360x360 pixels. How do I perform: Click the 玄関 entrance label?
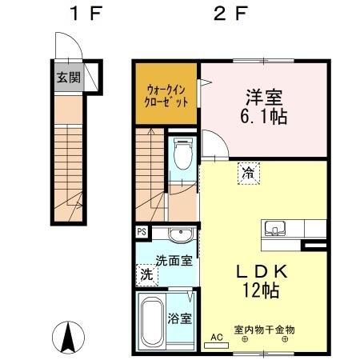tap(68, 78)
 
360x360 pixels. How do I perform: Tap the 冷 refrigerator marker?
tap(248, 170)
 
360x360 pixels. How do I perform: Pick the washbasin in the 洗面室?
tap(180, 234)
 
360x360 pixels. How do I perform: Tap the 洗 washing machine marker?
tap(146, 274)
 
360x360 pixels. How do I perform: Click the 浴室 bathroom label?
tap(180, 318)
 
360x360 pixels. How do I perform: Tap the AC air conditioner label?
tap(214, 337)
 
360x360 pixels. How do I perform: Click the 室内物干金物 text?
tap(264, 329)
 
